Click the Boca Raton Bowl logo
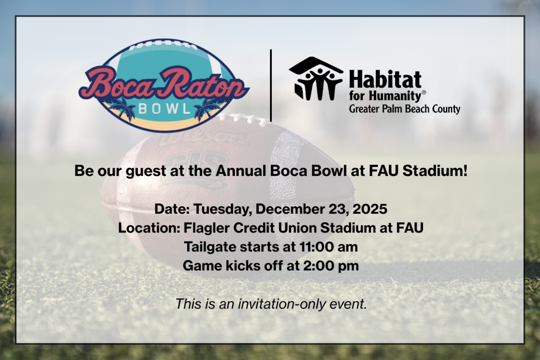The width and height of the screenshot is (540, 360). [x=164, y=86]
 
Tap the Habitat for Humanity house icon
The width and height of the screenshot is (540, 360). [x=316, y=79]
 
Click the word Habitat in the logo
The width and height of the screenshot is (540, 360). [x=385, y=80]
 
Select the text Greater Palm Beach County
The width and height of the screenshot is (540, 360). [x=404, y=109]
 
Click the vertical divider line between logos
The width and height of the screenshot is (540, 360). [x=270, y=85]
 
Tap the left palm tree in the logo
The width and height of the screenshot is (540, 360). [x=122, y=108]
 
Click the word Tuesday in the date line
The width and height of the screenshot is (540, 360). [x=222, y=209]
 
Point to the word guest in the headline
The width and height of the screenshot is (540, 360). [x=136, y=172]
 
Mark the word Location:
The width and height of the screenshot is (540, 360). [x=149, y=228]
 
